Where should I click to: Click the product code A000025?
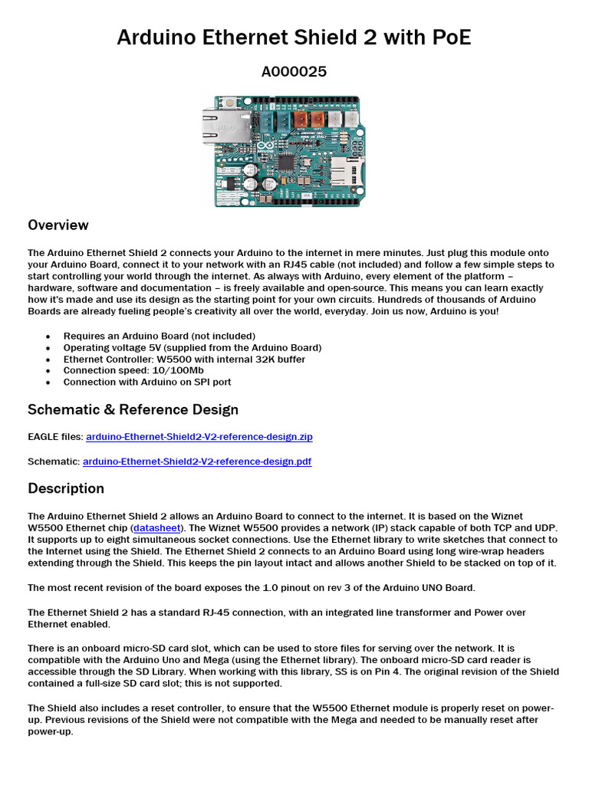(294, 72)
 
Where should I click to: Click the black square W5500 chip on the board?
(286, 162)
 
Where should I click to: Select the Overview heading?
(58, 225)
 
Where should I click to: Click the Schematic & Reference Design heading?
(133, 409)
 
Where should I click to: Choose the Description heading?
(66, 488)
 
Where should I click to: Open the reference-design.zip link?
(199, 437)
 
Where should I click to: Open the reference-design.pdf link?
(196, 461)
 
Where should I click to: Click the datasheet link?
(156, 528)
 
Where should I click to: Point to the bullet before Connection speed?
(48, 370)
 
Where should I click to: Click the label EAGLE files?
(55, 437)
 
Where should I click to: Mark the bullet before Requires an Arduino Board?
(48, 336)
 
